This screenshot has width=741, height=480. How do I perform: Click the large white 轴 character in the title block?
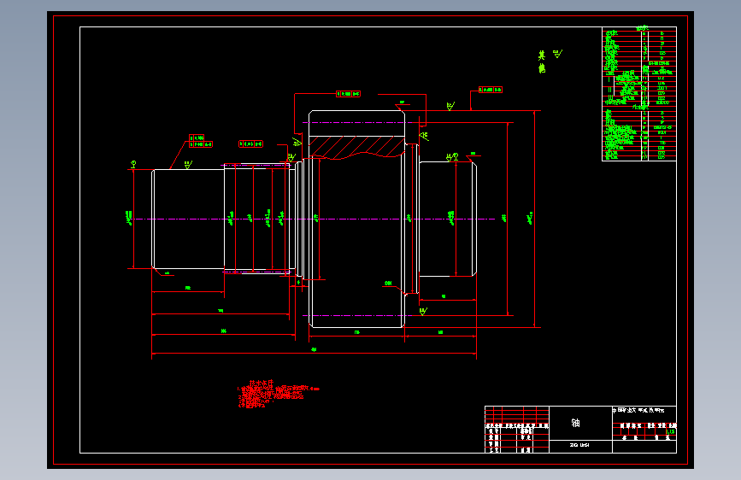[x=575, y=422]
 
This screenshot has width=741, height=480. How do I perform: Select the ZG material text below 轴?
[x=579, y=445]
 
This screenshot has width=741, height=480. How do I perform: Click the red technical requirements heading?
[x=259, y=383]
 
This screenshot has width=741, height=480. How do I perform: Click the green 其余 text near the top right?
[x=541, y=61]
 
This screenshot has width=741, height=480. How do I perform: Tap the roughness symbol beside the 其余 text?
[x=558, y=55]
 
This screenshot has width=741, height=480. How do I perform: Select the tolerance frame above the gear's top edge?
[x=348, y=93]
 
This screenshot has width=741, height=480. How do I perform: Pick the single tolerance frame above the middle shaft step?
[x=250, y=143]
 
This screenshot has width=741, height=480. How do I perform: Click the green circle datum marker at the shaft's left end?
[x=133, y=163]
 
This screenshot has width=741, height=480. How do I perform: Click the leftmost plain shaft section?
[x=188, y=220]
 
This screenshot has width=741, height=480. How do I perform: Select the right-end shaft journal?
[x=448, y=218]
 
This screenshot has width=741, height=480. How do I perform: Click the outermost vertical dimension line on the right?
[x=535, y=219]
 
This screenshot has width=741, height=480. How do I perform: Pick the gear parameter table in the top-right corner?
[x=638, y=94]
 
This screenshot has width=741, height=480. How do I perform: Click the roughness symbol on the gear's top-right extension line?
[x=450, y=107]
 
